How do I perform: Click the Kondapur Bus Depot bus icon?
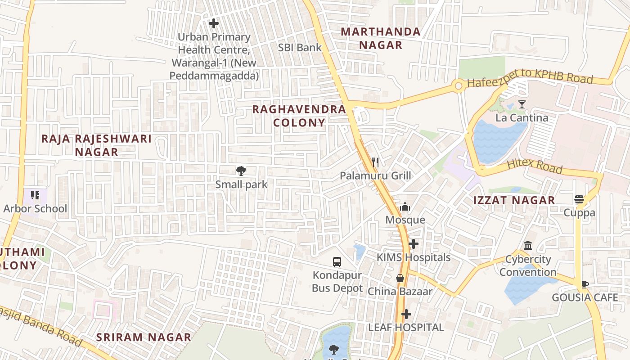(337, 261)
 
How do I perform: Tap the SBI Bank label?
(300, 48)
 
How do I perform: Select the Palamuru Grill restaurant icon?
(375, 162)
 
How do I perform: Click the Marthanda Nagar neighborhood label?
(380, 38)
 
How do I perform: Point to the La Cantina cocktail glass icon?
(522, 104)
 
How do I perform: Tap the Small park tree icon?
(241, 171)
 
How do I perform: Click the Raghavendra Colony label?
(299, 116)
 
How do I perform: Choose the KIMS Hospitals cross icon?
(413, 244)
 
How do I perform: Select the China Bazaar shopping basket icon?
(400, 278)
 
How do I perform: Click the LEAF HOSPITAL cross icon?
(406, 314)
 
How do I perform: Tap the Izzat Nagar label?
(514, 201)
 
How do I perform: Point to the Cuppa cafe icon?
(579, 199)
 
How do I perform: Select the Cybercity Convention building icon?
(528, 246)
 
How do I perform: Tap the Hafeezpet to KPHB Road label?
(530, 79)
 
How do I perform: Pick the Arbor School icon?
(35, 195)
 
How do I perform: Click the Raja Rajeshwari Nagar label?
(96, 145)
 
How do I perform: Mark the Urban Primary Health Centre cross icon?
(214, 23)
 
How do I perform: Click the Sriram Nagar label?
(144, 337)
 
